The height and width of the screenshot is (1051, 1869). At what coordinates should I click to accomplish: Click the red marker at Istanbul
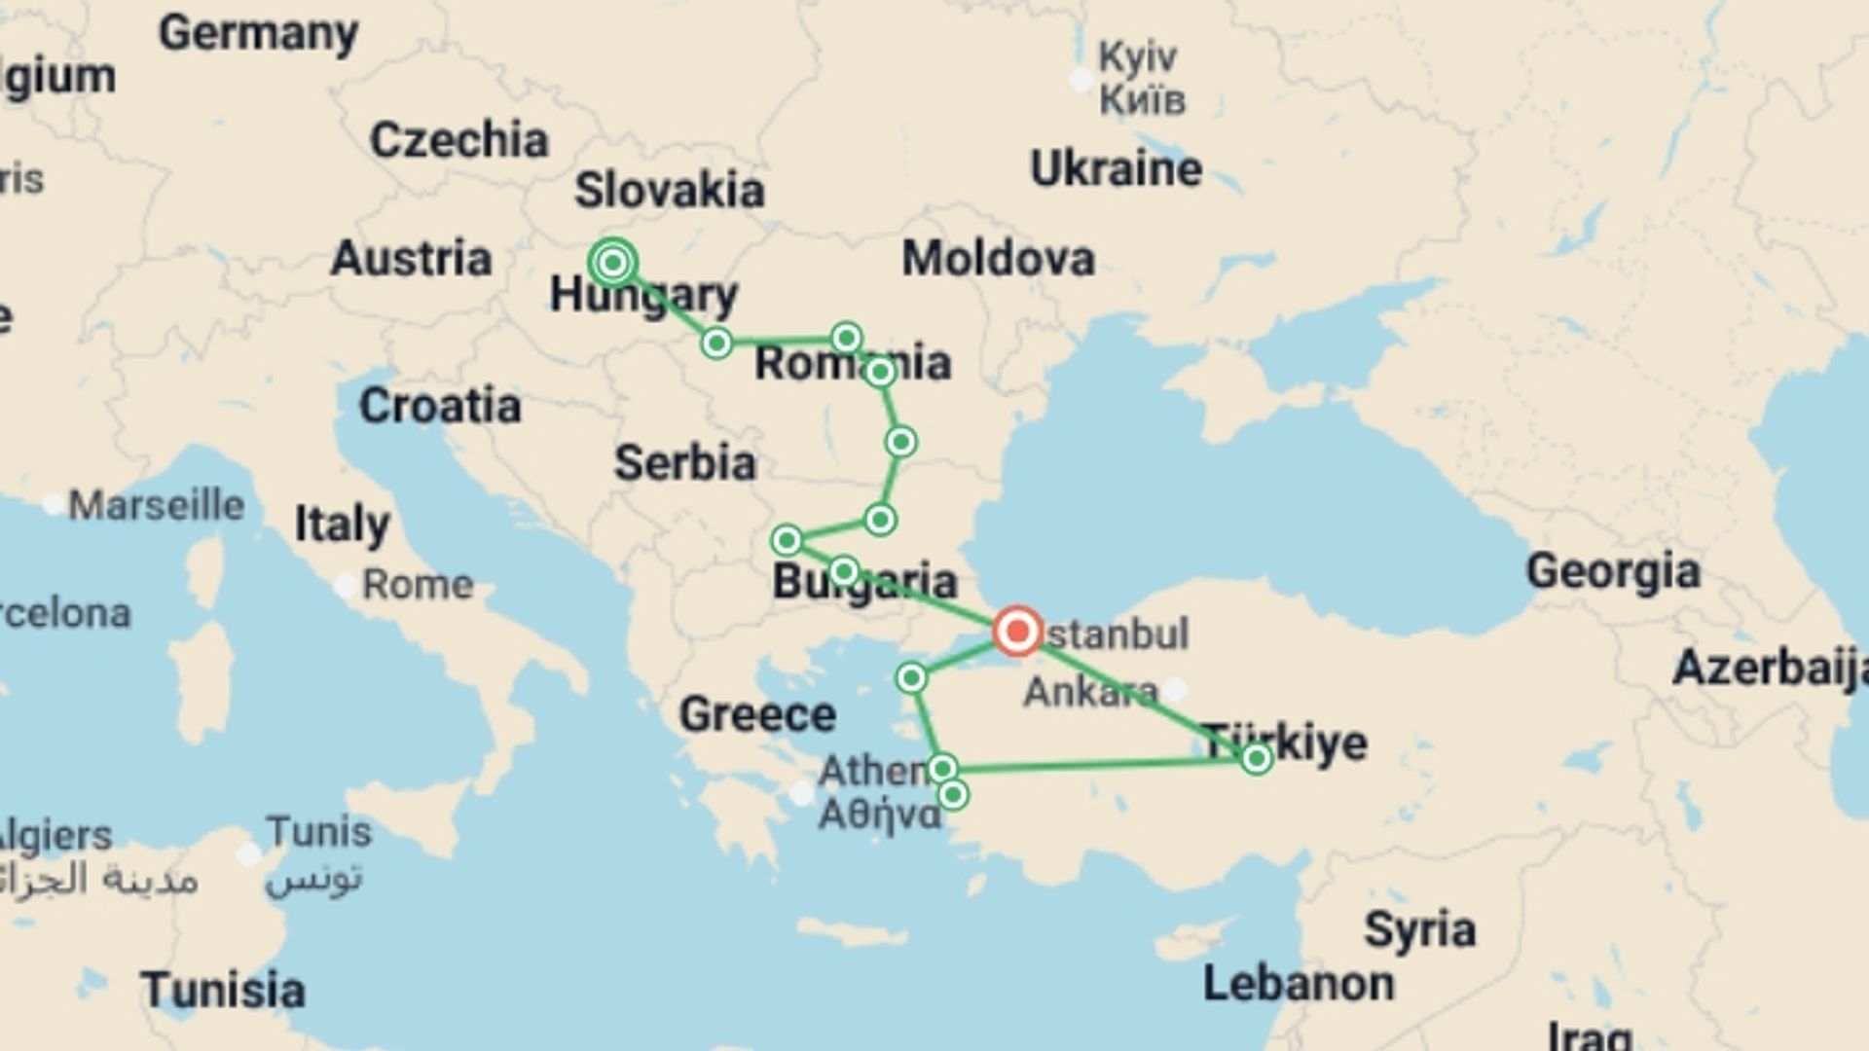tap(1017, 632)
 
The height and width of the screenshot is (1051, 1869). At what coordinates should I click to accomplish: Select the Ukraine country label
tap(1116, 169)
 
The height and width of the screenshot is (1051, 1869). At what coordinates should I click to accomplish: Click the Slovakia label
tap(669, 190)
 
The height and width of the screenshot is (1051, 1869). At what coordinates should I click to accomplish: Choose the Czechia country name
tap(458, 140)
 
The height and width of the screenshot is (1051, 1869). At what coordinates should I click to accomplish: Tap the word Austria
tap(411, 259)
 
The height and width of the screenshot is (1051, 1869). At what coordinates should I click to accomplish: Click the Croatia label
tap(439, 406)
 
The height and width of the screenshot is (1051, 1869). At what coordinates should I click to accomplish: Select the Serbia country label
tap(684, 463)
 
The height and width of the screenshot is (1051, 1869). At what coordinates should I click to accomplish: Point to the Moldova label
tap(998, 259)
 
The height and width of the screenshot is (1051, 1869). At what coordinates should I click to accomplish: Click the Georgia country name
tap(1612, 571)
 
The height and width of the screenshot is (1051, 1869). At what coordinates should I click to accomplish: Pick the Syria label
tap(1419, 929)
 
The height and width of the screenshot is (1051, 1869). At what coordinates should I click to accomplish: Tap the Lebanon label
tap(1298, 984)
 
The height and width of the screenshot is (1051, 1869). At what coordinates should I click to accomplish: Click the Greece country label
tap(756, 715)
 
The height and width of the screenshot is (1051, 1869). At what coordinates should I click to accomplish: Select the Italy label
tap(342, 525)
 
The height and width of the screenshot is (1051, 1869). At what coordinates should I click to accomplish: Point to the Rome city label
tap(417, 585)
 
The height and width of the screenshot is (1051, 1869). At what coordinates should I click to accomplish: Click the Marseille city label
tap(156, 505)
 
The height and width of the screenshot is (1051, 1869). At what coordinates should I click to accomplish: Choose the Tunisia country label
tap(222, 991)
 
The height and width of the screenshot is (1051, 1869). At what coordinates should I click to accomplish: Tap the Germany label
tap(258, 34)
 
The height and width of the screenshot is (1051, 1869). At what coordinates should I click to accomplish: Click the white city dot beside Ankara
tap(1176, 689)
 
